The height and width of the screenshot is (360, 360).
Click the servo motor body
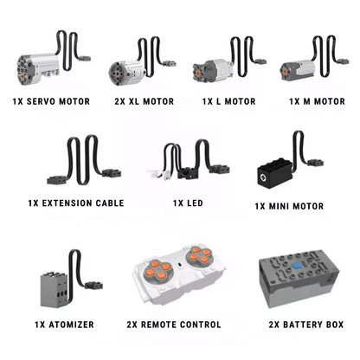(x=38, y=69)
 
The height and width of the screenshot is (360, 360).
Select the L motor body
(x=213, y=71)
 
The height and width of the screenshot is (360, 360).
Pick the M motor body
(x=297, y=70)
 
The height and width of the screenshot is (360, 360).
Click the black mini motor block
(x=275, y=173)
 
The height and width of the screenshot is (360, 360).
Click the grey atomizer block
(x=55, y=290)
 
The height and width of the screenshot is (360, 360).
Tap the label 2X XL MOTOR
(x=145, y=101)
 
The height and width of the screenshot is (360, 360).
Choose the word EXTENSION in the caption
(x=67, y=203)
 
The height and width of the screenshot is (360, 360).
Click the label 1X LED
(x=188, y=203)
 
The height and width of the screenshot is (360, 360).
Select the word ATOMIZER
(x=71, y=325)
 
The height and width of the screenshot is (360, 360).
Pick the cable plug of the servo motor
(x=85, y=59)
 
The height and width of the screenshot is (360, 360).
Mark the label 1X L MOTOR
(x=228, y=101)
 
